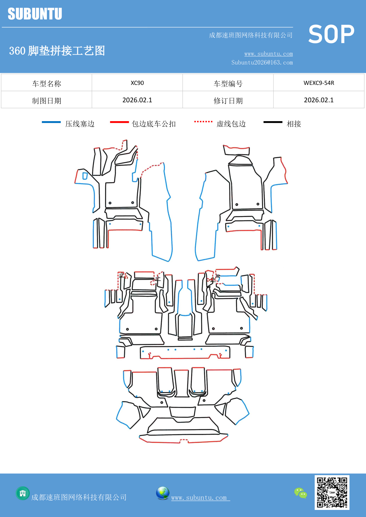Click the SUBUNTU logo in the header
35,14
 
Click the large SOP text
331,34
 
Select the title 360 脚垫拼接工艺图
57,51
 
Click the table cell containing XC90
137,83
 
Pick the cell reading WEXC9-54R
319,83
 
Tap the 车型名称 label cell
47,84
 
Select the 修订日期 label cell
228,101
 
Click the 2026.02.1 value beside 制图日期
137,100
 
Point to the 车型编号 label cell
228,84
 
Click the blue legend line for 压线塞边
51,122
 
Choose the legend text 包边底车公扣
154,124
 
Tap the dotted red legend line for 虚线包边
203,121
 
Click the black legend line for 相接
273,122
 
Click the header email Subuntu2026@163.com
262,62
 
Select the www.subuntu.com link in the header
268,54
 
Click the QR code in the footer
332,493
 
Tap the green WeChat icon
301,493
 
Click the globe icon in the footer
163,493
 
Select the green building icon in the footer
23,493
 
